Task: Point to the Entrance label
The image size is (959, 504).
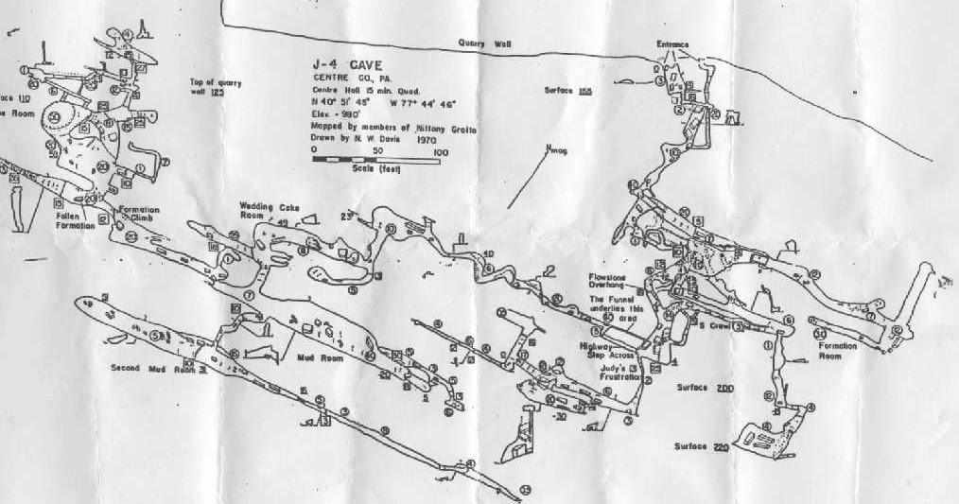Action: [x=672, y=44]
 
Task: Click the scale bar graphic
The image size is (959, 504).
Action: [x=375, y=161]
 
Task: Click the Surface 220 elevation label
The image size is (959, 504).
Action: [x=701, y=445]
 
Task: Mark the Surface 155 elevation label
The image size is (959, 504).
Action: [x=568, y=90]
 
